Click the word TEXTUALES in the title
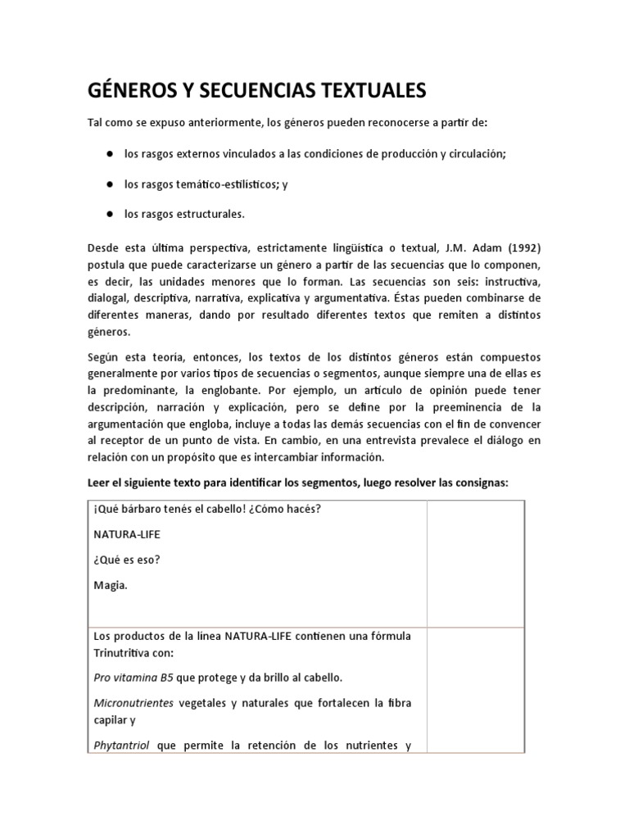pos(369,91)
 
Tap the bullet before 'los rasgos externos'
pos(108,153)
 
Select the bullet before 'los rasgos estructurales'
pos(108,215)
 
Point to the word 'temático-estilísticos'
pos(221,184)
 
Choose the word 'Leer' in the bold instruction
pos(100,483)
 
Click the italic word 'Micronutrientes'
pos(133,703)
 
